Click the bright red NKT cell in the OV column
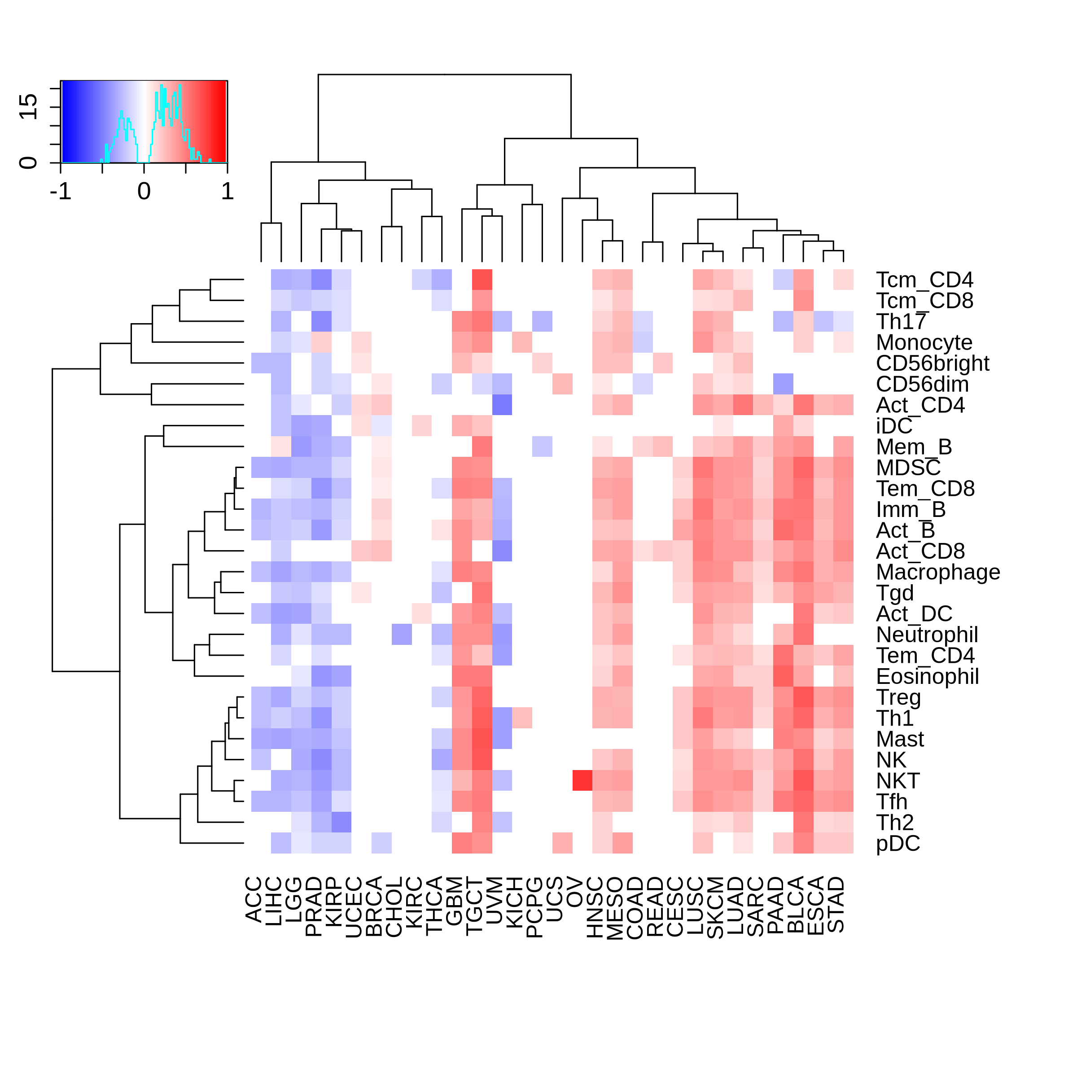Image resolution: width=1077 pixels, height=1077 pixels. coord(582,780)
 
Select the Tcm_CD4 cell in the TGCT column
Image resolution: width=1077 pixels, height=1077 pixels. coord(482,279)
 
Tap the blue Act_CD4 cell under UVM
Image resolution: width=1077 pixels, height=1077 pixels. coord(502,405)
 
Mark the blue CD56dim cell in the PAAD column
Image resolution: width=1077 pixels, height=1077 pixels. coord(783,384)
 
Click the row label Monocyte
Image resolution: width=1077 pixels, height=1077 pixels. coord(924,342)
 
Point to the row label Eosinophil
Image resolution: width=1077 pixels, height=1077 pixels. coord(927,676)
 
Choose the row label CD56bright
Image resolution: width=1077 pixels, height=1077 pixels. coord(932,363)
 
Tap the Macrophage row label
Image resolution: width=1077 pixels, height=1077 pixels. coord(937,572)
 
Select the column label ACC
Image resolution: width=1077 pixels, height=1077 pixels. coord(254,899)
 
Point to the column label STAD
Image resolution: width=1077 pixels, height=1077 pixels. coord(836,904)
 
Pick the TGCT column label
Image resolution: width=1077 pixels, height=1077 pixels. coord(474,905)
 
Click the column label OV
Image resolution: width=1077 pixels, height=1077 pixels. coord(574,893)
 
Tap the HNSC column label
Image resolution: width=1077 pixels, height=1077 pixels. coord(595,907)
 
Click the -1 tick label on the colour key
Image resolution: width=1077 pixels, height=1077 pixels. coord(61,192)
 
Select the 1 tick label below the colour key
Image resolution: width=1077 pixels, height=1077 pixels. coord(227,192)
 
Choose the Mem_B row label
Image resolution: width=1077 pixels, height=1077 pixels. coord(914,447)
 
